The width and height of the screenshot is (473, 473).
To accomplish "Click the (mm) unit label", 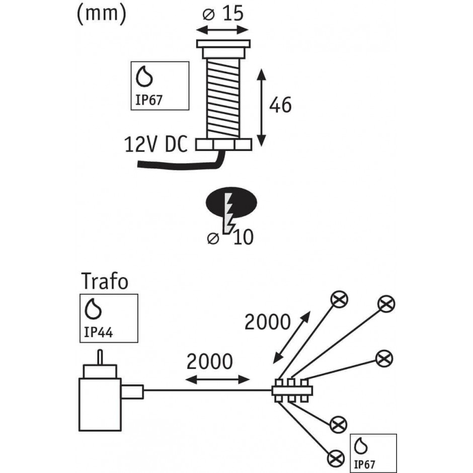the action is point(101,14).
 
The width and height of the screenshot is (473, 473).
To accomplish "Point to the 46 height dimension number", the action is point(280,105).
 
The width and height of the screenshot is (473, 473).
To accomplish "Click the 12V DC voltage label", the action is point(155,144).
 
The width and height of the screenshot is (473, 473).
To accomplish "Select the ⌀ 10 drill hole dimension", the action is point(230,238).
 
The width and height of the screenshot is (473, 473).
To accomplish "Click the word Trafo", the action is point(105,281).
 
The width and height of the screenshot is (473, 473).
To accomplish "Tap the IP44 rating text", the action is point(98,332).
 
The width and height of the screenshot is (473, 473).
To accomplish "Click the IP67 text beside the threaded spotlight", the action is point(149,100).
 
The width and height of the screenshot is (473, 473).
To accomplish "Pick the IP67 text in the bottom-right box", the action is point(364,464).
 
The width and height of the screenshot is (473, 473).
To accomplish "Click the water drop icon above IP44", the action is point(93,309).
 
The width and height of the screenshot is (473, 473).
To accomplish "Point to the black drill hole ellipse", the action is point(231,202).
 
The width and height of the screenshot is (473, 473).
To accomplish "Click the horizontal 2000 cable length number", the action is point(210,361).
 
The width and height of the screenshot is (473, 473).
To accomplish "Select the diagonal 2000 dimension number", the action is point(267,322).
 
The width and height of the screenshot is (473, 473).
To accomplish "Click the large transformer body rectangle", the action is point(100,404).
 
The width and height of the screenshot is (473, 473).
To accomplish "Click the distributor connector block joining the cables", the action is point(292,391).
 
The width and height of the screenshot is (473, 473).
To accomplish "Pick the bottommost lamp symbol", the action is point(336,459).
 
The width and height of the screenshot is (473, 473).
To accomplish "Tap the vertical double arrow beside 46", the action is point(261,107).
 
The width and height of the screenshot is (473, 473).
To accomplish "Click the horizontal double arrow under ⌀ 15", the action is point(222,30).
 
